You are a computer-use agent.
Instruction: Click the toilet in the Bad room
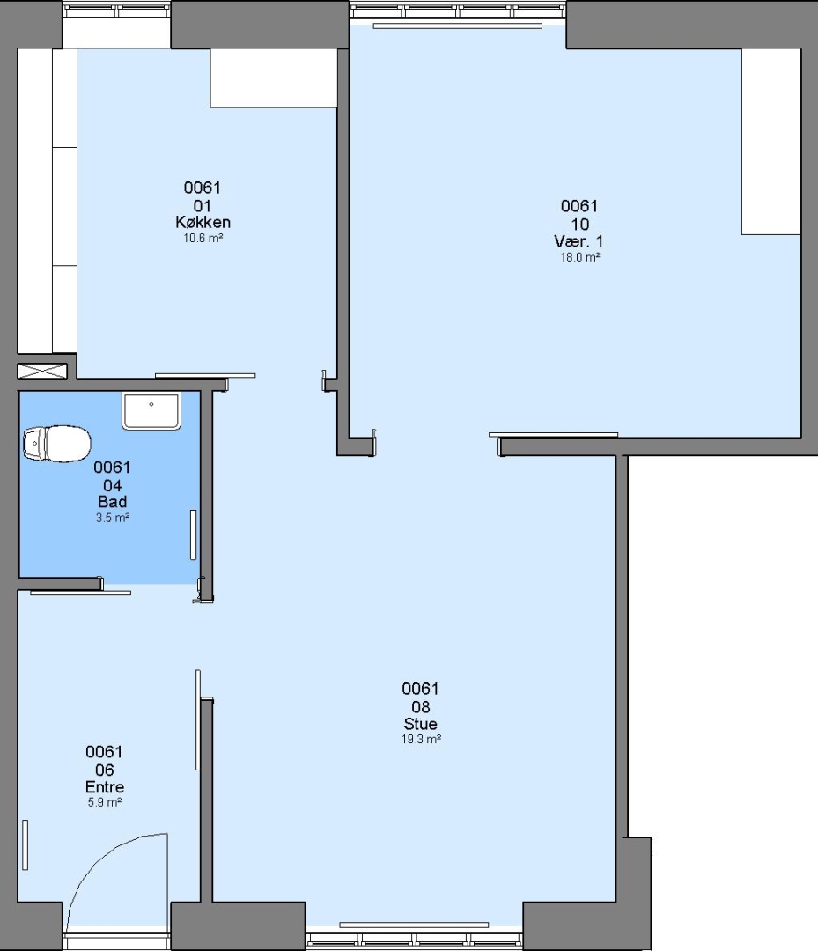(57, 443)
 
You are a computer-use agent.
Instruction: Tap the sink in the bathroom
(151, 410)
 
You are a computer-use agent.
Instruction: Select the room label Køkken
(203, 223)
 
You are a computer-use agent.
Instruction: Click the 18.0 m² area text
(579, 257)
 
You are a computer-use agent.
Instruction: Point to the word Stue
(420, 724)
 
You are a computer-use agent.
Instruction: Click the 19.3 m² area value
(421, 740)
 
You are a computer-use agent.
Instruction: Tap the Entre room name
(105, 787)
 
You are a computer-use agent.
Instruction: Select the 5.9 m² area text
(105, 802)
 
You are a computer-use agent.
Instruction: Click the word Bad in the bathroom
(112, 502)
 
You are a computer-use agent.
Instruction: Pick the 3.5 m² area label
(112, 518)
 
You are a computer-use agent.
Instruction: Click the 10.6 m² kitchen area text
(203, 239)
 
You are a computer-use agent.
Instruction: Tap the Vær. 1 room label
(579, 241)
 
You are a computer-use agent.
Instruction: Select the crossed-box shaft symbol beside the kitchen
(42, 372)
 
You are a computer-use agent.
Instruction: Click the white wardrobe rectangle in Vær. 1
(771, 141)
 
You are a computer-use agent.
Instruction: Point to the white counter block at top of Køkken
(274, 78)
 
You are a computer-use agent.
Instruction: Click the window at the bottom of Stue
(414, 940)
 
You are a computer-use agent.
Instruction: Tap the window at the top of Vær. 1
(458, 11)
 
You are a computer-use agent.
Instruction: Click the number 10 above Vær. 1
(580, 225)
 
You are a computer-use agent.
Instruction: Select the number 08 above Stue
(421, 706)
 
